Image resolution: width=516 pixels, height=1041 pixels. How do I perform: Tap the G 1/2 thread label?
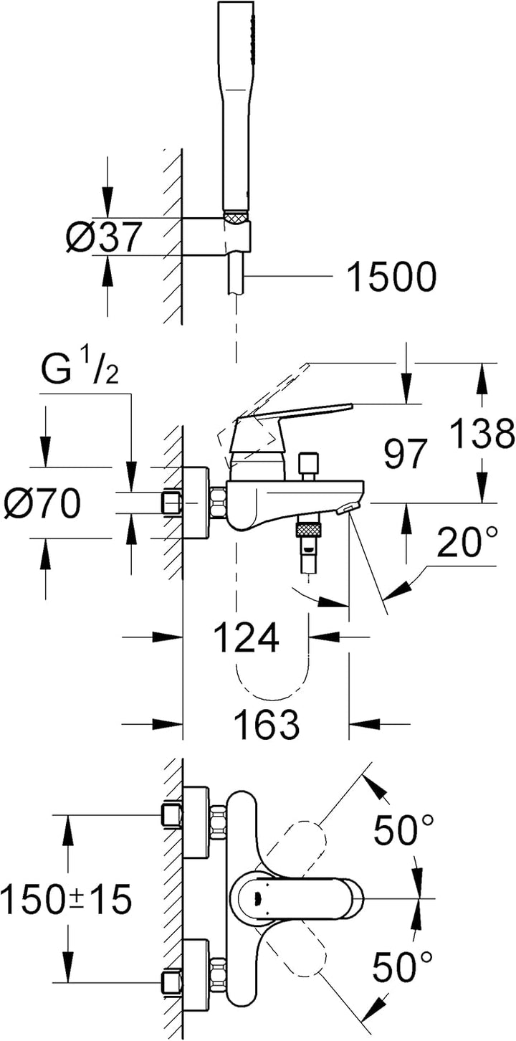pos(80,372)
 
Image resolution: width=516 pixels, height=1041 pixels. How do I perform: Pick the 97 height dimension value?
pos(406,455)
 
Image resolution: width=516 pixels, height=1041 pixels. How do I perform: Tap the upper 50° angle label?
pos(403,830)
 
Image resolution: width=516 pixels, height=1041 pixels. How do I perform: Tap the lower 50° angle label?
pos(403,967)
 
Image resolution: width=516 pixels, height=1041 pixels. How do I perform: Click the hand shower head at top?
pos(236,108)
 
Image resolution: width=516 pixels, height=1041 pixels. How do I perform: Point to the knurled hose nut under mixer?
pos(309,531)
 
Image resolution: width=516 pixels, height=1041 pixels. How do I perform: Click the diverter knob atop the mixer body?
pos(309,465)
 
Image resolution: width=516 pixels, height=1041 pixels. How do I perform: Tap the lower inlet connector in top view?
pos(173,980)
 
